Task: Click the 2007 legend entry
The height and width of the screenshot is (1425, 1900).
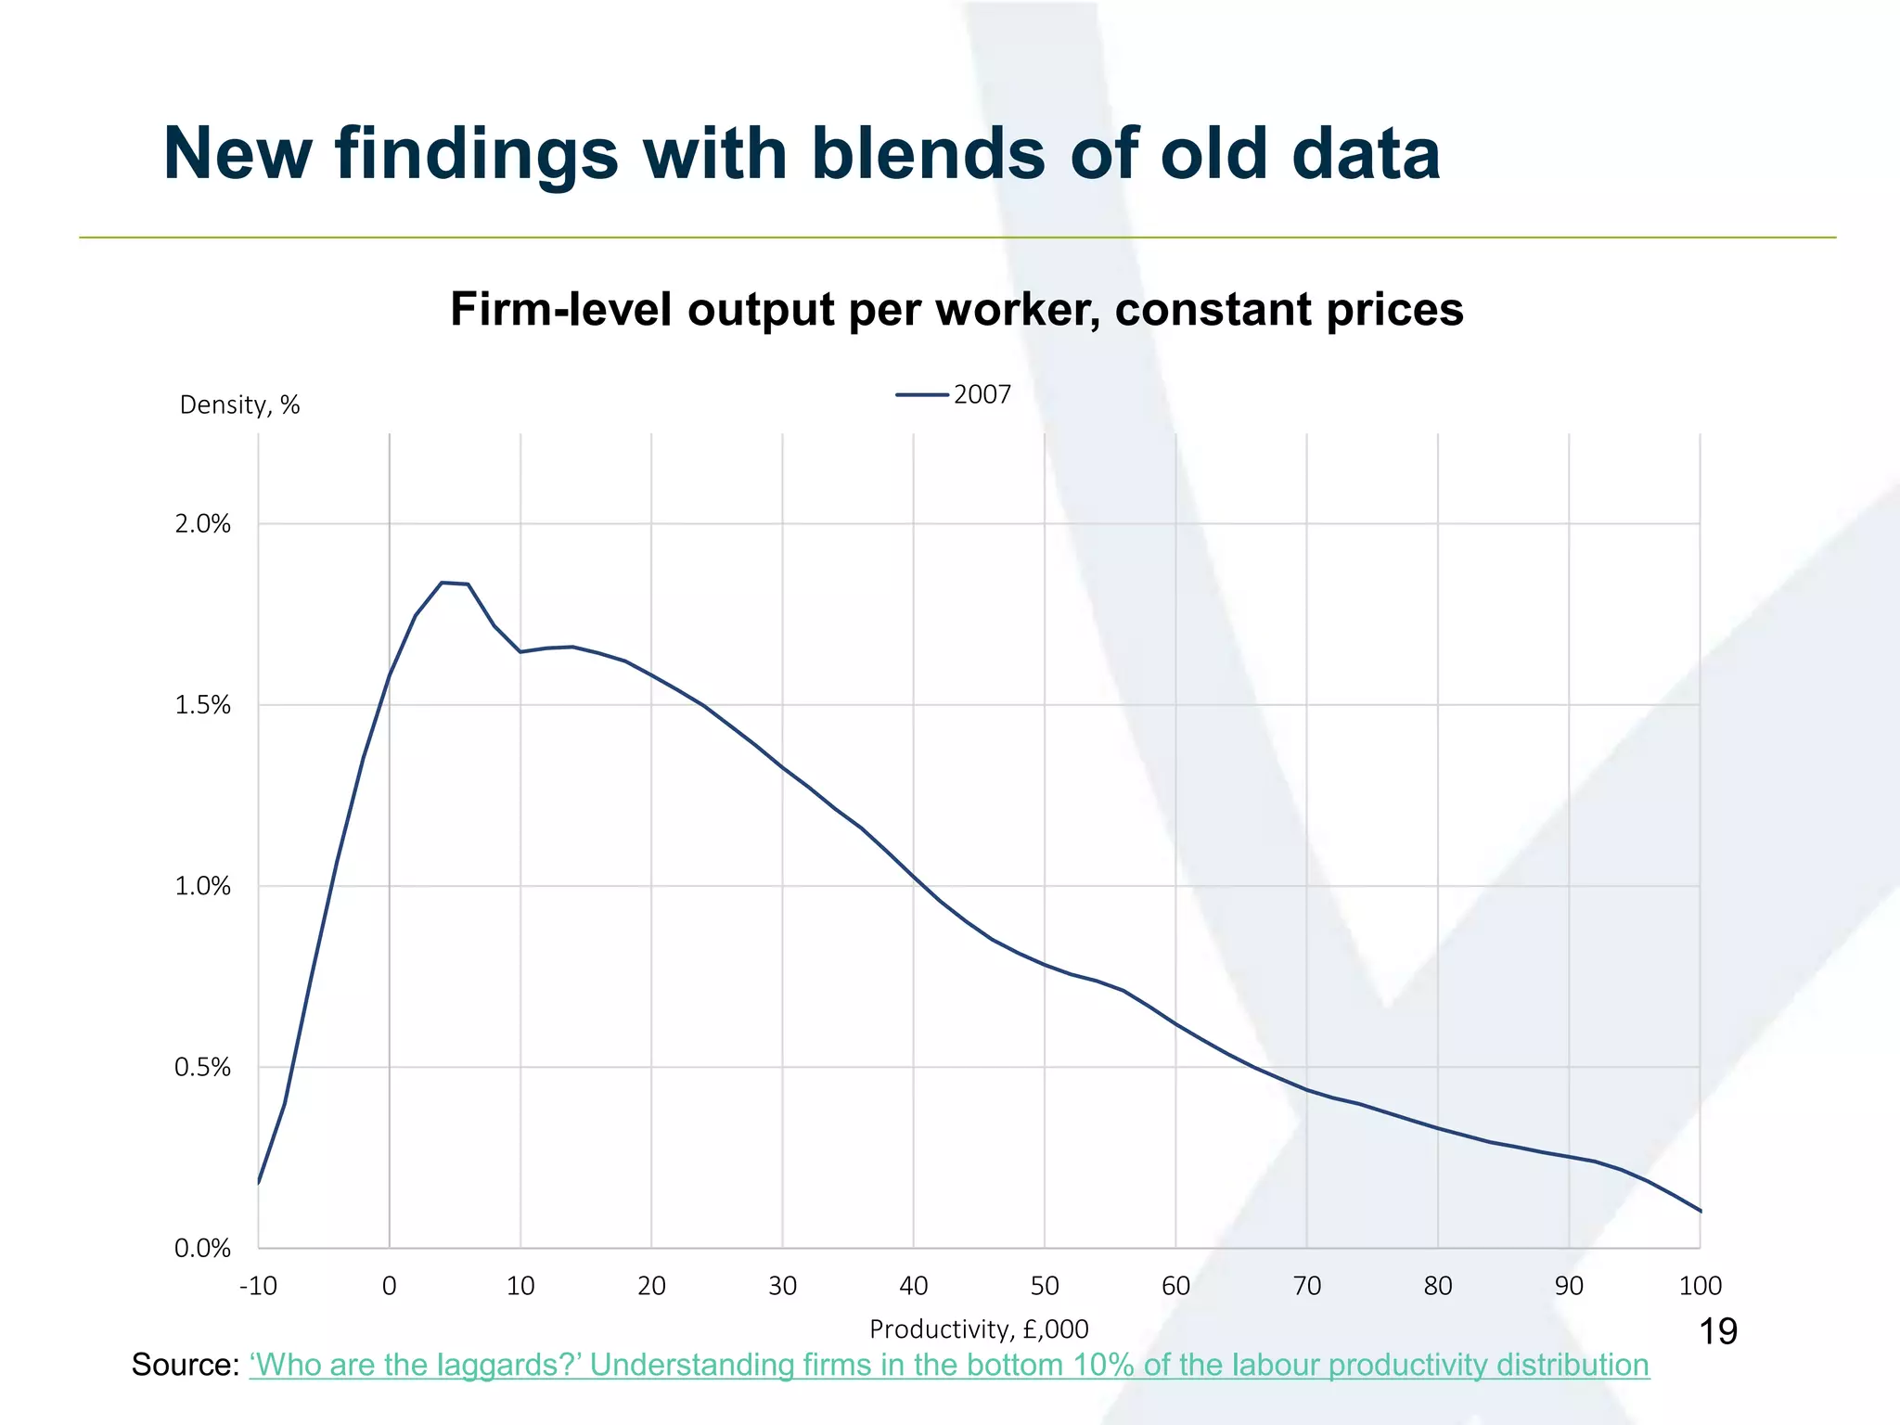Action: (x=955, y=395)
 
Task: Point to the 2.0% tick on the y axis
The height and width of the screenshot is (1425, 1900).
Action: (x=202, y=525)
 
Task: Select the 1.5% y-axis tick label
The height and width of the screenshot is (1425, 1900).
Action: (x=202, y=706)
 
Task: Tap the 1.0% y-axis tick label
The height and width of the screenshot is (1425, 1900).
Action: (x=202, y=887)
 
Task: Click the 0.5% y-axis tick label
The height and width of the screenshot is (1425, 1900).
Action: (x=202, y=1068)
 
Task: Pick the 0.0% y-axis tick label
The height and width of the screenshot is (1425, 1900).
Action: (x=202, y=1249)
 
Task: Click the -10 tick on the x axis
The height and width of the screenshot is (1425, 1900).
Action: (x=258, y=1287)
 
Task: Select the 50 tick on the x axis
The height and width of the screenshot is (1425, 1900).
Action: (x=1045, y=1287)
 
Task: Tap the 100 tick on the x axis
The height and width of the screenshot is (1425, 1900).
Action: (x=1700, y=1287)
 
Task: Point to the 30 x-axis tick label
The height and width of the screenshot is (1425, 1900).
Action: (x=782, y=1287)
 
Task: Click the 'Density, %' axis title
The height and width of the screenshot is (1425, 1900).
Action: (x=239, y=405)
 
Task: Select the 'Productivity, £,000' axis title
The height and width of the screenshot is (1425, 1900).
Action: (x=979, y=1329)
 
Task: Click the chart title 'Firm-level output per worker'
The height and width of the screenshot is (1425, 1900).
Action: (x=956, y=310)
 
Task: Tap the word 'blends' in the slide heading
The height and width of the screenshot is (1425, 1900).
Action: (x=928, y=153)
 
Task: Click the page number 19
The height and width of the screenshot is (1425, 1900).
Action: (x=1717, y=1332)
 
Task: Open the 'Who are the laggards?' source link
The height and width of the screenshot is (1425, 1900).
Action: (x=949, y=1366)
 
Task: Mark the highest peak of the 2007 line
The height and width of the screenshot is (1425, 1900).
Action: (x=443, y=583)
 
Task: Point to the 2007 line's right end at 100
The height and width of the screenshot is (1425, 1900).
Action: (x=1700, y=1211)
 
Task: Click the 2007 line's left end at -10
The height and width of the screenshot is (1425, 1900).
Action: (x=259, y=1183)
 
